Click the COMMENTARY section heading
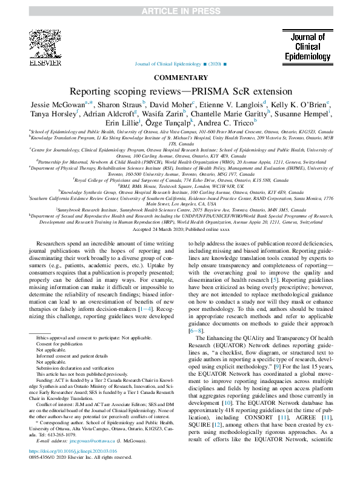(179, 78)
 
